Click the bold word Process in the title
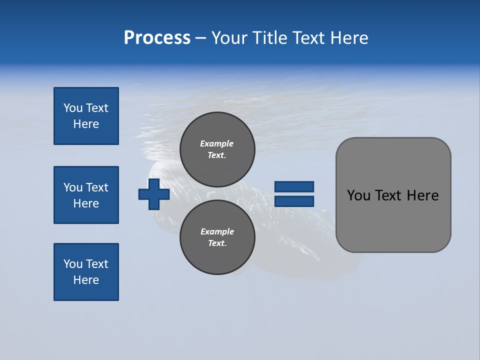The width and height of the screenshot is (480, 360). coord(157,38)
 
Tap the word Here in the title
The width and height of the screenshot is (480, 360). coord(349,38)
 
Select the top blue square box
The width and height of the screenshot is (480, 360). coord(86,116)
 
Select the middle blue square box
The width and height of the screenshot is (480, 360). coord(86,195)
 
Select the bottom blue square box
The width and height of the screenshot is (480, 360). coord(86,272)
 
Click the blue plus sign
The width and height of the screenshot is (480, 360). coord(154,194)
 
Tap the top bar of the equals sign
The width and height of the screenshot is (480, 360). coord(294,186)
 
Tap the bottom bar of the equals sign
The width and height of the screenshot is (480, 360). coord(294,201)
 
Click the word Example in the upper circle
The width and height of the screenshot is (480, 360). coord(216,143)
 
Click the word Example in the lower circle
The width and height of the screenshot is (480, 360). coord(217,231)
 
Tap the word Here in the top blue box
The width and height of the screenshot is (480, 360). coord(86,124)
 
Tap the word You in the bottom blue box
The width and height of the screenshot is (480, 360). coord(73,264)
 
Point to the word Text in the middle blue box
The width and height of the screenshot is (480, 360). coord(97,187)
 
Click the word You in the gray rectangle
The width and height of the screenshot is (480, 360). coord(358,195)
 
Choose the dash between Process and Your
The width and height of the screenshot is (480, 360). coord(200,38)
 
